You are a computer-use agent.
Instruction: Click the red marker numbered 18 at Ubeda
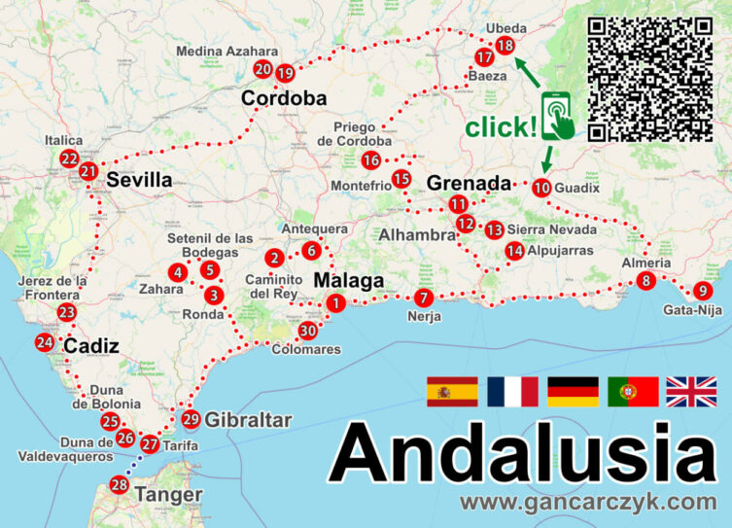(505, 46)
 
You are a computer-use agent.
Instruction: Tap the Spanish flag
(451, 391)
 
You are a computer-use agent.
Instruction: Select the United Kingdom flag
(690, 391)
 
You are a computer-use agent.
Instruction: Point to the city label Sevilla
(139, 180)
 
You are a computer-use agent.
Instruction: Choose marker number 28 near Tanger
(120, 484)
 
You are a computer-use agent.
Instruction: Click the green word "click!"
(501, 126)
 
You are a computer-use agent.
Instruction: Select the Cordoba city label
(284, 98)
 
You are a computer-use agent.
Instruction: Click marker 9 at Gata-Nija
(702, 291)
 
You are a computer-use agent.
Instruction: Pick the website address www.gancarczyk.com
(588, 503)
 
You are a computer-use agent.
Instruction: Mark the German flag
(572, 391)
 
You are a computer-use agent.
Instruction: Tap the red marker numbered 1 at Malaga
(335, 303)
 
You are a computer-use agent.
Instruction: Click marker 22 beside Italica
(69, 158)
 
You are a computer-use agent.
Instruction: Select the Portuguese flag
(633, 391)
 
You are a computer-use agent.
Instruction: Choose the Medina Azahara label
(227, 52)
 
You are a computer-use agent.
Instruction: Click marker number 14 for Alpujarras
(514, 251)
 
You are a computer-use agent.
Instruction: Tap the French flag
(512, 391)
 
